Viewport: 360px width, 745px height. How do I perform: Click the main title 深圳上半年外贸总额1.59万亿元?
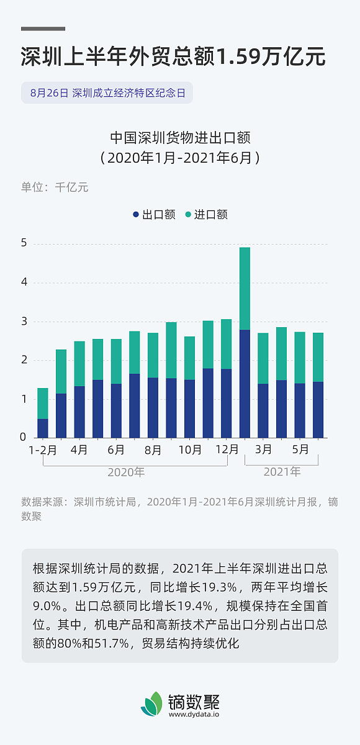point(173,57)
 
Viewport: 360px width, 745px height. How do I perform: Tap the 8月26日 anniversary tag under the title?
point(107,93)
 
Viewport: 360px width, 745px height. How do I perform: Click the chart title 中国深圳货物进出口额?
point(180,138)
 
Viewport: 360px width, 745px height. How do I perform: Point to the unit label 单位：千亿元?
point(55,187)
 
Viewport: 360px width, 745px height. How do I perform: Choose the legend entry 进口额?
point(206,215)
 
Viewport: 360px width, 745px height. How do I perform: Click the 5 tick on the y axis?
point(24,243)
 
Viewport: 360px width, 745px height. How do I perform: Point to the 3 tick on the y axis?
point(24,322)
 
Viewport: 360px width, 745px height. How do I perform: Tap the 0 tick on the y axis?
point(24,438)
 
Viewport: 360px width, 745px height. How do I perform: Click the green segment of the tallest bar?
point(245,289)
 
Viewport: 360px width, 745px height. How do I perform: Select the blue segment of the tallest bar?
point(245,384)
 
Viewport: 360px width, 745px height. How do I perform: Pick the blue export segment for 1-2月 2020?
point(43,428)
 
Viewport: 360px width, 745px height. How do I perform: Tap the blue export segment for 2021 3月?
point(263,410)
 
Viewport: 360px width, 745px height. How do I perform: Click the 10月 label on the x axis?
point(189,449)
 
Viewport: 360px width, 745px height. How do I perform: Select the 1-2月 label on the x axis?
point(43,449)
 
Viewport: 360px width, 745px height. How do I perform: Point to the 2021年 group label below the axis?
point(282,472)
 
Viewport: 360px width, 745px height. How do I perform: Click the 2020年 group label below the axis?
point(126,472)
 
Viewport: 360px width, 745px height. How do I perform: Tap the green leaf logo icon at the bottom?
point(151,705)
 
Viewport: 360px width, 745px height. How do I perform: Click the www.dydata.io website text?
point(194,715)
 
